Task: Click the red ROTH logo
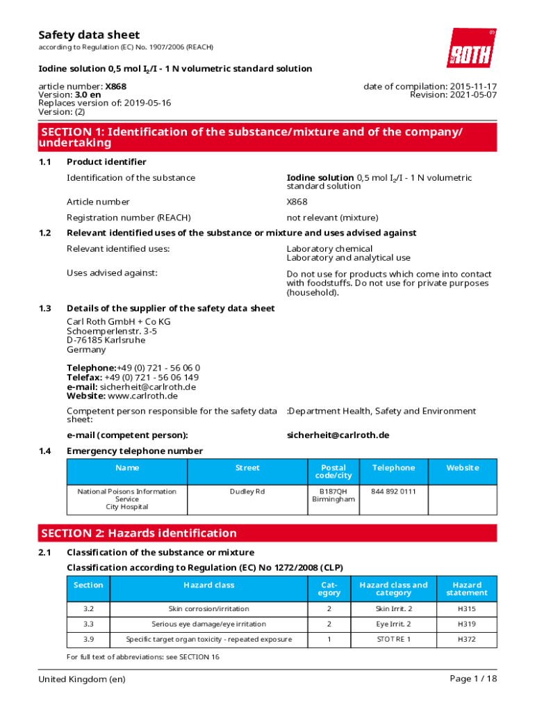(471, 48)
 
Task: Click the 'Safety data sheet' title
(88, 35)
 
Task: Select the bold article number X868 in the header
(115, 86)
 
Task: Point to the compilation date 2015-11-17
(471, 86)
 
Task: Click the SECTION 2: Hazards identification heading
(139, 533)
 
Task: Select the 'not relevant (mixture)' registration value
(332, 218)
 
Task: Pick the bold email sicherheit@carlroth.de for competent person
(338, 435)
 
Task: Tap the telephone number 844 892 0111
(393, 492)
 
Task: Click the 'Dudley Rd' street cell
(247, 492)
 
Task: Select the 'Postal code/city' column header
(334, 471)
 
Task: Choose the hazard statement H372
(466, 639)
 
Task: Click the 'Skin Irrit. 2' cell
(393, 609)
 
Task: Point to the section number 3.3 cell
(88, 624)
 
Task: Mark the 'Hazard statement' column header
(466, 589)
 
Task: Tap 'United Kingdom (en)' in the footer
(82, 679)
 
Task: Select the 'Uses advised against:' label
(112, 273)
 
